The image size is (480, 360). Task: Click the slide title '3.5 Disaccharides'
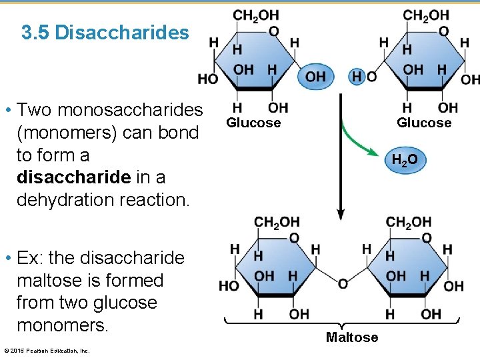pos(105,32)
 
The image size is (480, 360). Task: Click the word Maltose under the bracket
pos(351,337)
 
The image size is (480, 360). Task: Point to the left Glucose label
pos(253,123)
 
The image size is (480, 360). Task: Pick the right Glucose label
pos(424,123)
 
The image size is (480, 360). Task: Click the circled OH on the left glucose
pos(315,77)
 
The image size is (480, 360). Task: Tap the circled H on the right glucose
pos(357,77)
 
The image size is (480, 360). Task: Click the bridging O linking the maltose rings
pos(343,284)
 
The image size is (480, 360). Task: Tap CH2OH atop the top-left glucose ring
pos(256,15)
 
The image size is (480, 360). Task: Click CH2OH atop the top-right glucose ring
pos(426,15)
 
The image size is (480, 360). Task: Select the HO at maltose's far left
pos(229,286)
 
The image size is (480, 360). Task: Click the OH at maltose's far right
pos(453,286)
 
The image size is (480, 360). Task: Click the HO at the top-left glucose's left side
pos(207,79)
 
